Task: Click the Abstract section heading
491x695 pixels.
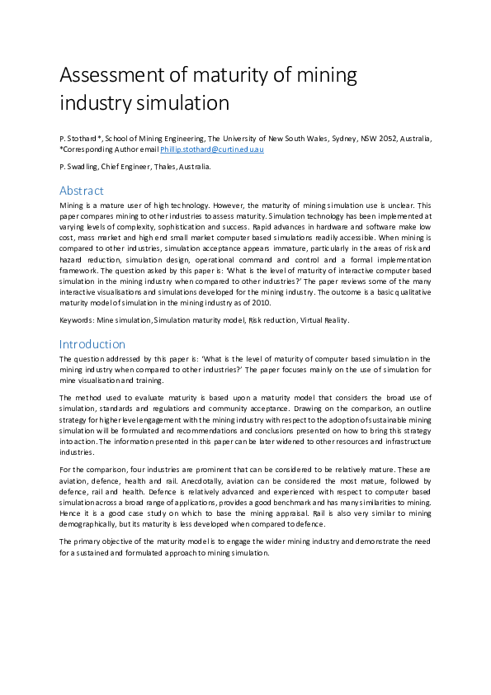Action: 82,191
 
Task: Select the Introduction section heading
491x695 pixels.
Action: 92,343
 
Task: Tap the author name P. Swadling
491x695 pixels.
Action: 81,166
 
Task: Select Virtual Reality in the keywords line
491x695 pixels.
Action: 322,319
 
